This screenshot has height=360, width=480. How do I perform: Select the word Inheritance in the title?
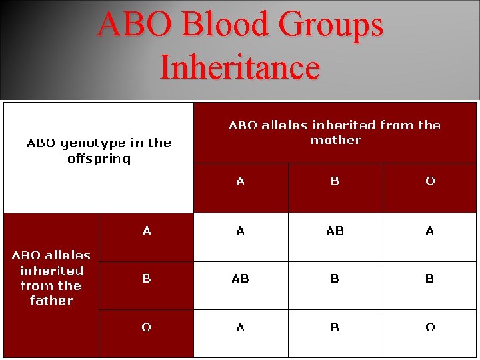240,68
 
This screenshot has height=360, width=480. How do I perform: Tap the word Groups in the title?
331,25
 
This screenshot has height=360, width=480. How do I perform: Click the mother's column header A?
240,181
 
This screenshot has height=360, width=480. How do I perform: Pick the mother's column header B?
335,181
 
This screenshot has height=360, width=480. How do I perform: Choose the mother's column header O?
430,181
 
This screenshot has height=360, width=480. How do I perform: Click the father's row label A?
147,231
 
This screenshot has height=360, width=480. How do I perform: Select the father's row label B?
147,279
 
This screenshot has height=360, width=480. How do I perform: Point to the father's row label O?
147,327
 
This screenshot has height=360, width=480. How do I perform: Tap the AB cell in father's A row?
335,231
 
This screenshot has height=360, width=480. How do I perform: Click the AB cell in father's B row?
240,279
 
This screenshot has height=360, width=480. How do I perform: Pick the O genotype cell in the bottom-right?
430,327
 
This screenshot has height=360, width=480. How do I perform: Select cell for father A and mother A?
240,231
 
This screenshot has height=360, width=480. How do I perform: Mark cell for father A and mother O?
430,231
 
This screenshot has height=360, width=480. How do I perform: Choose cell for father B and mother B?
335,279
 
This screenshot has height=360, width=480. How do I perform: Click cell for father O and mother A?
240,327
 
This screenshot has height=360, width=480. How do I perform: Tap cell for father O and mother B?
335,327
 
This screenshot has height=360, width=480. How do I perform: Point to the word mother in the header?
335,141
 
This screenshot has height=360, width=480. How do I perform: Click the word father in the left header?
51,301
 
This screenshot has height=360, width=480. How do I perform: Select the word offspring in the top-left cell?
99,159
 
